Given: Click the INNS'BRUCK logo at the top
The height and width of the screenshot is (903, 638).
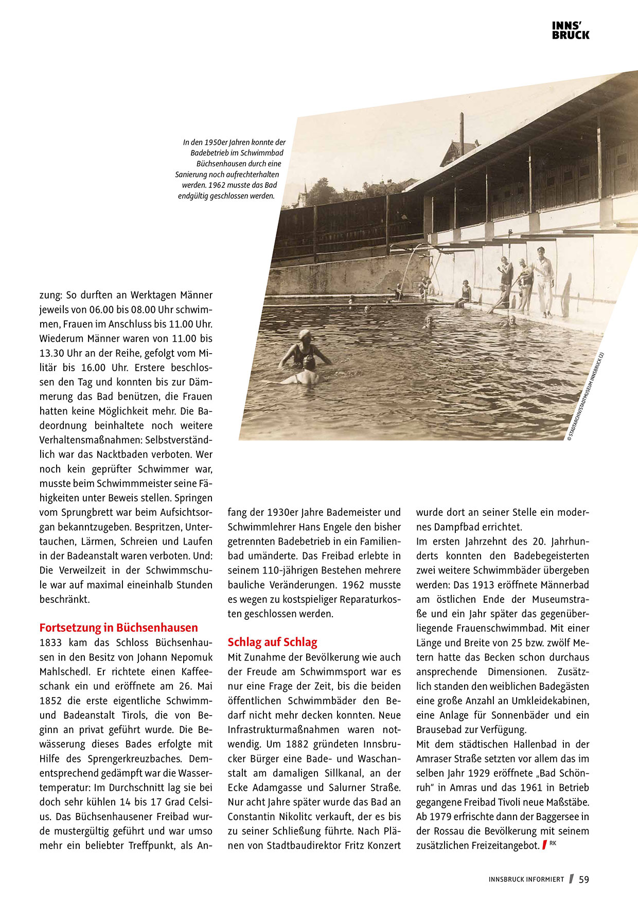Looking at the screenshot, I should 571,30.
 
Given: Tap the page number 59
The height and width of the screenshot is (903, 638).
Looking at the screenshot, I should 584,880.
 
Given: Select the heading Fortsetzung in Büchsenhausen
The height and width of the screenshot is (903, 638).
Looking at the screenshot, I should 118,628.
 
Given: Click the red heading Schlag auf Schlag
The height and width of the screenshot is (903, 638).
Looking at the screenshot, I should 272,642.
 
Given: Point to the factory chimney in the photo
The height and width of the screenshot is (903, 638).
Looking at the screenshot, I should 462,133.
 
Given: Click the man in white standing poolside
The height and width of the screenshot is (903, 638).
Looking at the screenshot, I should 543,281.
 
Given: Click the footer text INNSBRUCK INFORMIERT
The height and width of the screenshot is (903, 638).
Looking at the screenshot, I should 526,880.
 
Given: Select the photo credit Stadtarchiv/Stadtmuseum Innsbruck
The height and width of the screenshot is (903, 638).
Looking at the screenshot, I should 586,396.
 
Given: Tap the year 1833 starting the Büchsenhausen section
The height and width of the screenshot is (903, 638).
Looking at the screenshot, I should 50,642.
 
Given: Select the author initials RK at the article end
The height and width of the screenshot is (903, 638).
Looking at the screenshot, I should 553,843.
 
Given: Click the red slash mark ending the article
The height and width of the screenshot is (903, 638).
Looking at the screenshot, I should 544,845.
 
